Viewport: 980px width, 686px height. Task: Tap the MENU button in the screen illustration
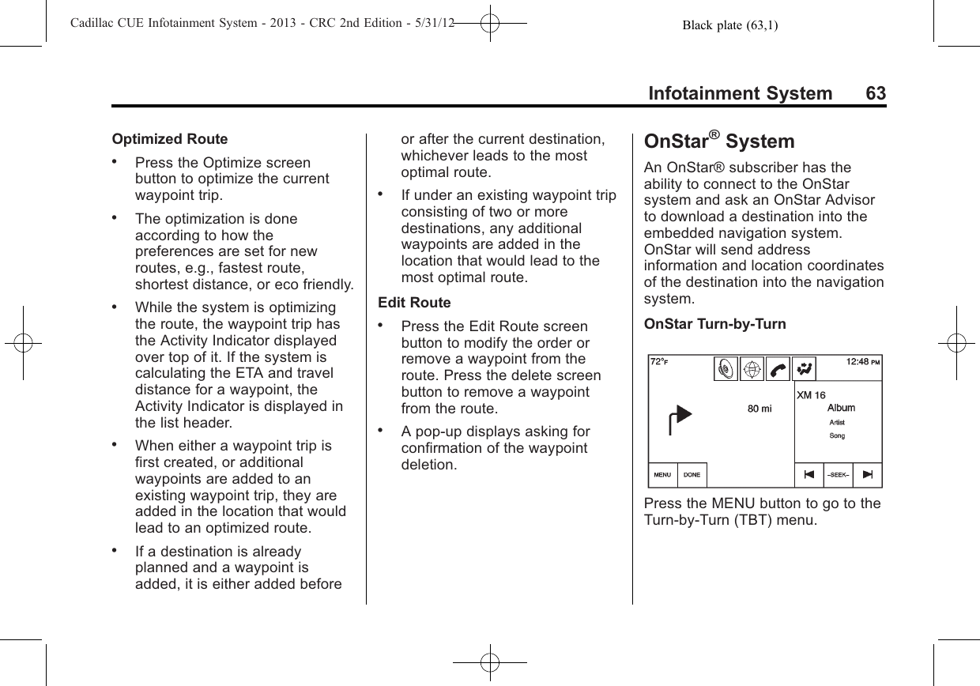point(662,475)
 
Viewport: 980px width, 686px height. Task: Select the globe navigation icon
point(752,369)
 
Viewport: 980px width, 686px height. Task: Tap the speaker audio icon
point(726,369)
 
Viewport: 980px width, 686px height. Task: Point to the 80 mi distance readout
point(760,409)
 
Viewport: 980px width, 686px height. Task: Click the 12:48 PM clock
point(863,362)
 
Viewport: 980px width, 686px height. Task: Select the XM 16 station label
point(811,395)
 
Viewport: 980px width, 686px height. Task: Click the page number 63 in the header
point(876,93)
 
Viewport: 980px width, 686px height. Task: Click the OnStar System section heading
point(719,142)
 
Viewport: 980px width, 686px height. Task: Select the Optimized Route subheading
point(170,139)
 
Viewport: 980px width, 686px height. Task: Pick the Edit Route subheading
point(415,303)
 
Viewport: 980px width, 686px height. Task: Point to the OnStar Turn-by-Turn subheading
point(715,325)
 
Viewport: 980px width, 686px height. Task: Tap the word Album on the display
point(841,408)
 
